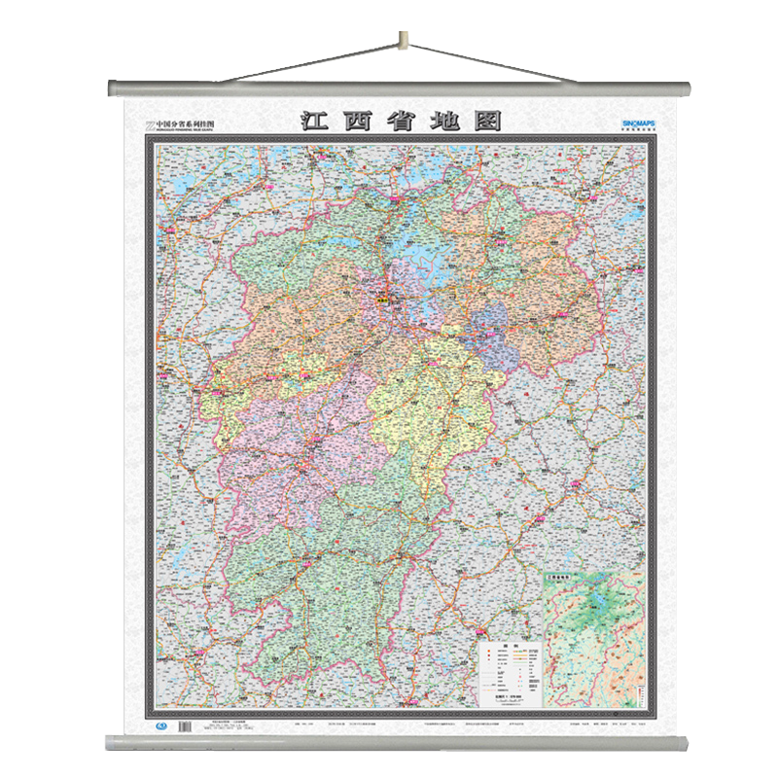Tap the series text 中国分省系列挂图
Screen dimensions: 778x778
184,124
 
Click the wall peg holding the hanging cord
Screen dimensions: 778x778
401,41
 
